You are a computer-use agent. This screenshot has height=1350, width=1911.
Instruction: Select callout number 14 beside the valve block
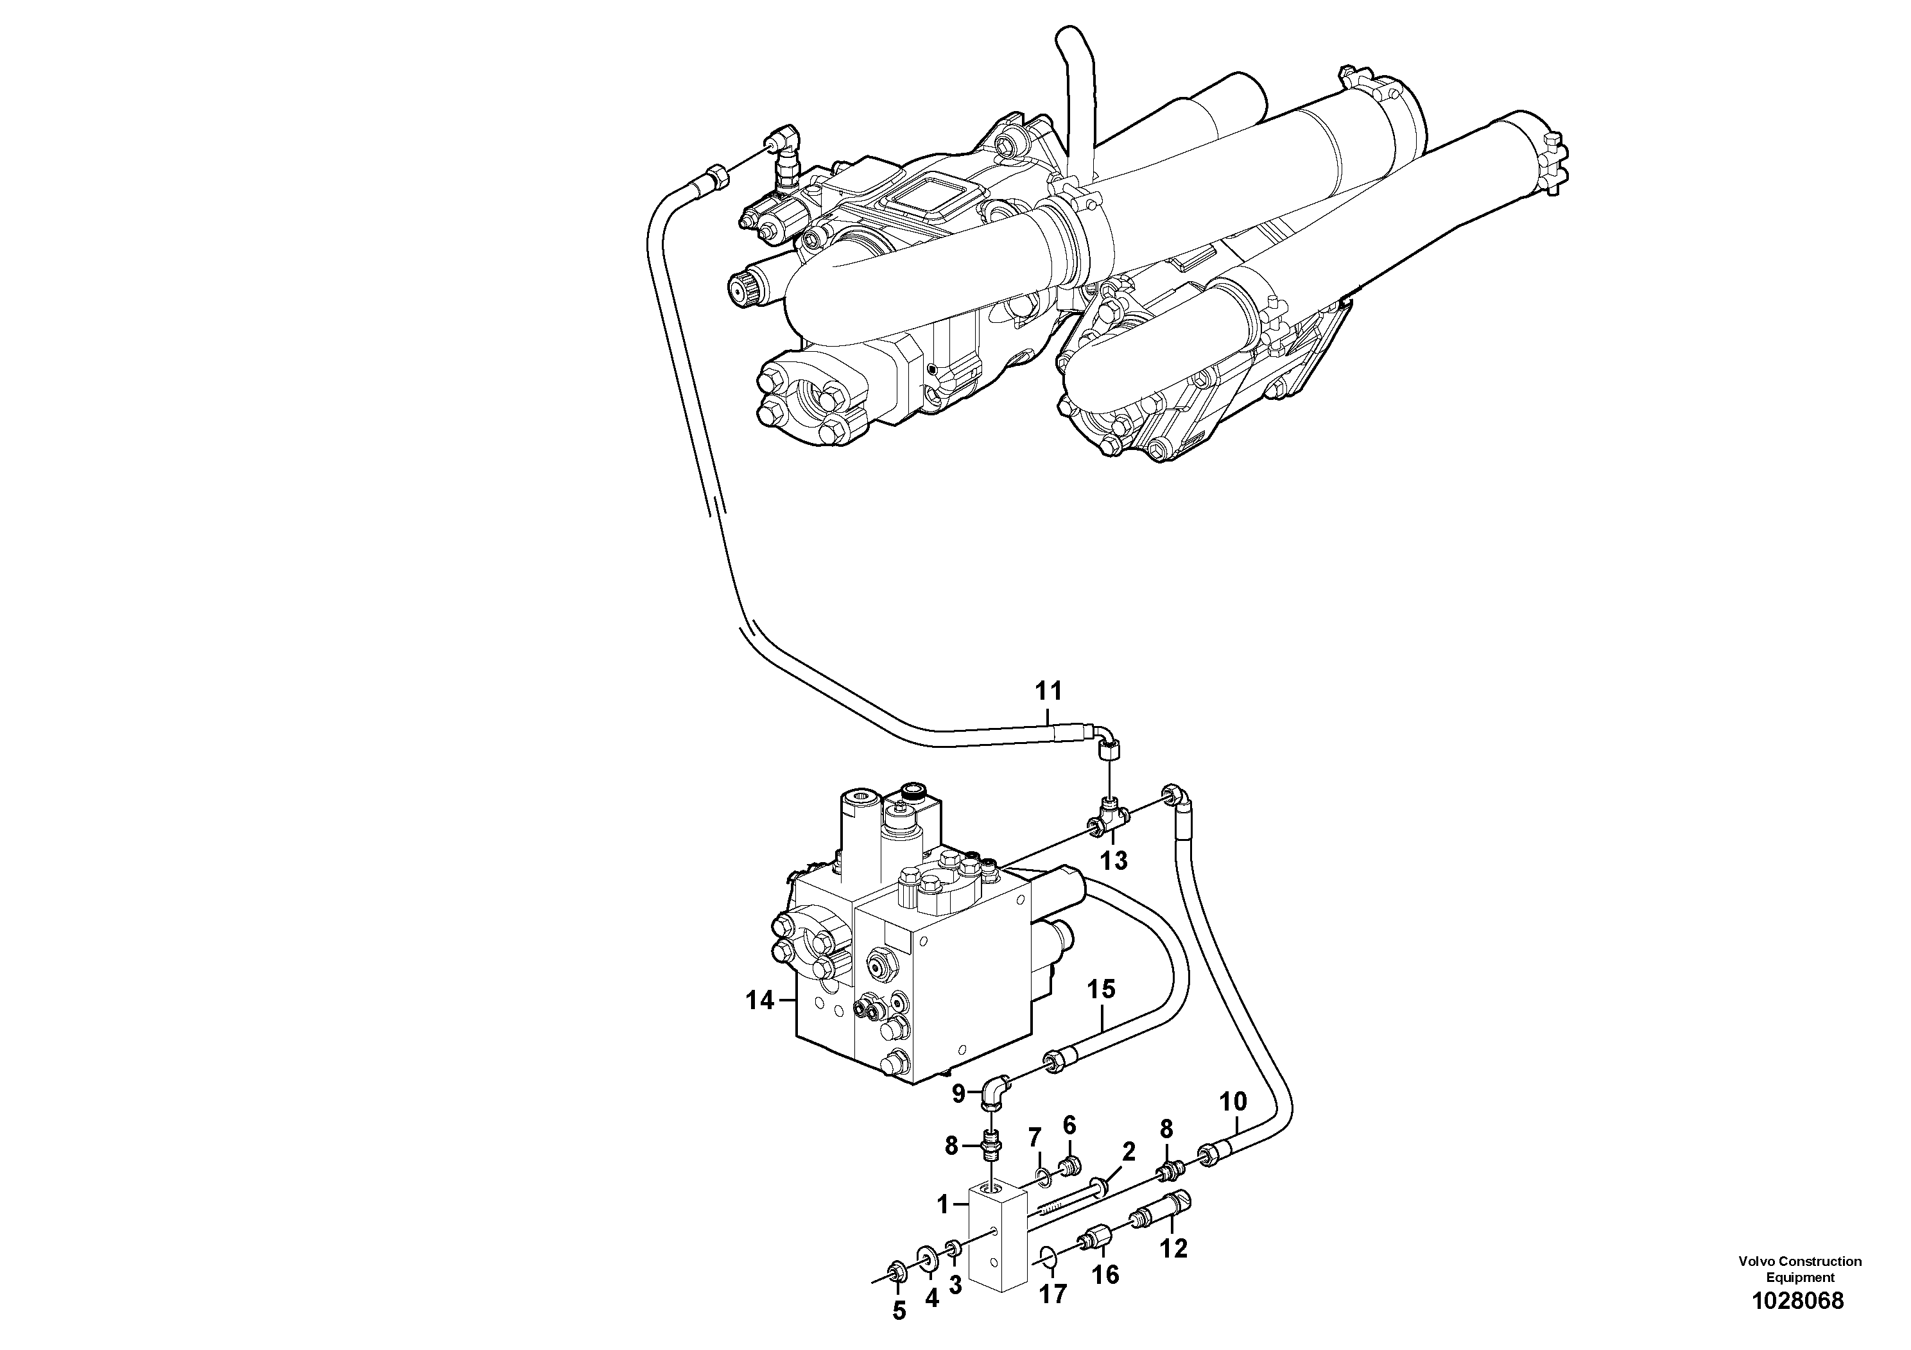coord(759,1000)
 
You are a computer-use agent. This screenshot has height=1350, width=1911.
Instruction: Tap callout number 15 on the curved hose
coord(1101,990)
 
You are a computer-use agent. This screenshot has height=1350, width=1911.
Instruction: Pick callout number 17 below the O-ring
coord(1053,1295)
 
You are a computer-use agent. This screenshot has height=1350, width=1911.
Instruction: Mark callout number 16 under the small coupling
coord(1105,1274)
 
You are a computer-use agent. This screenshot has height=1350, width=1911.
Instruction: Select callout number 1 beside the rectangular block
coord(943,1204)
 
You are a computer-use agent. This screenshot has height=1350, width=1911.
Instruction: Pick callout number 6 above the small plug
coord(1069,1125)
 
